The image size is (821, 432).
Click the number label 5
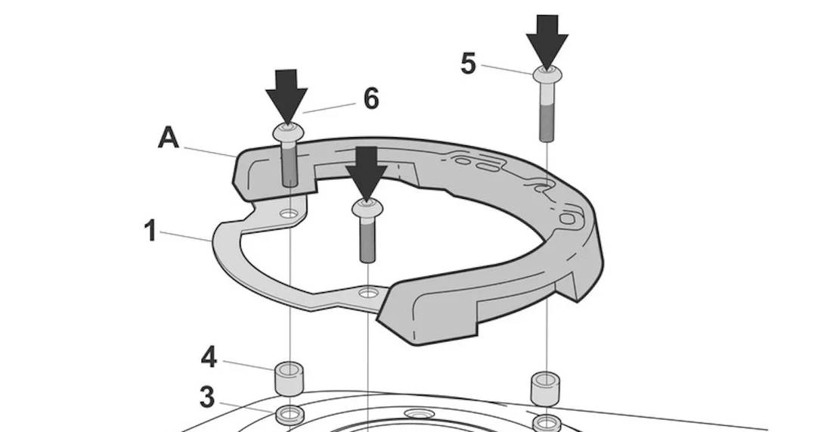[468, 64]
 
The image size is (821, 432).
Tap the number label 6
[371, 98]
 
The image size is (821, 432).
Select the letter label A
[169, 138]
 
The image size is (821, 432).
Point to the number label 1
[150, 231]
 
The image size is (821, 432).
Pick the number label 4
[209, 358]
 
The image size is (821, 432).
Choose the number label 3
[207, 397]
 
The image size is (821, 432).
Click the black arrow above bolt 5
[547, 42]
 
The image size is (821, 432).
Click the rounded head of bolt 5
[547, 76]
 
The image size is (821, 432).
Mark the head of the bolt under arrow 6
[288, 132]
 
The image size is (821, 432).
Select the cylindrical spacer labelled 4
[290, 378]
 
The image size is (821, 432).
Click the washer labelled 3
[290, 415]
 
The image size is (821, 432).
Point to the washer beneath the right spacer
[546, 423]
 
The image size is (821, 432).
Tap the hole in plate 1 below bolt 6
[289, 214]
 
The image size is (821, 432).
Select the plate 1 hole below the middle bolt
[369, 292]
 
